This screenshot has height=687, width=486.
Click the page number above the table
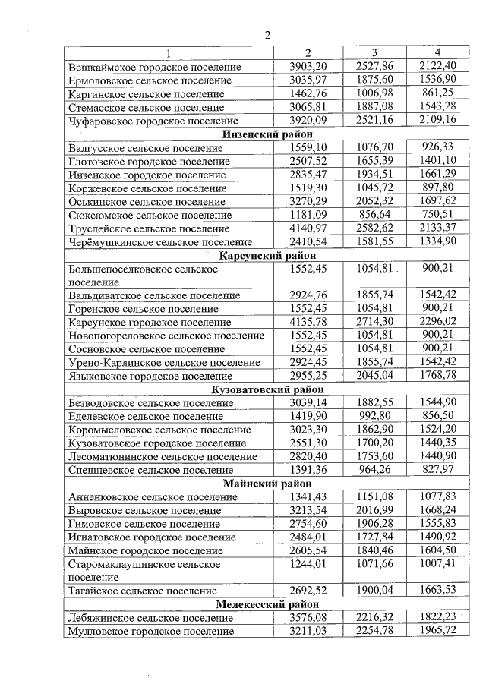pyautogui.click(x=267, y=35)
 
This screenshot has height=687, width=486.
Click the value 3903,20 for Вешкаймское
pyautogui.click(x=308, y=67)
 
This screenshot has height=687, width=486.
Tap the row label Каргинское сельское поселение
pyautogui.click(x=146, y=94)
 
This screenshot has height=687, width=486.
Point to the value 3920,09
pyautogui.click(x=308, y=121)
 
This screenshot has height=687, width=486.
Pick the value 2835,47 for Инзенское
pyautogui.click(x=308, y=175)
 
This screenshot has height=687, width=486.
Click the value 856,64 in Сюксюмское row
pyautogui.click(x=374, y=215)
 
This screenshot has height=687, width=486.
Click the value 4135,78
pyautogui.click(x=308, y=322)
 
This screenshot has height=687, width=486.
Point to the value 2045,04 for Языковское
pyautogui.click(x=374, y=376)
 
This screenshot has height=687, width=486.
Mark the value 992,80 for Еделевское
pyautogui.click(x=374, y=416)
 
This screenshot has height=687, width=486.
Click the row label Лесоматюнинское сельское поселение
pyautogui.click(x=163, y=457)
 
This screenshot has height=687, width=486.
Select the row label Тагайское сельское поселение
pyautogui.click(x=142, y=591)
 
